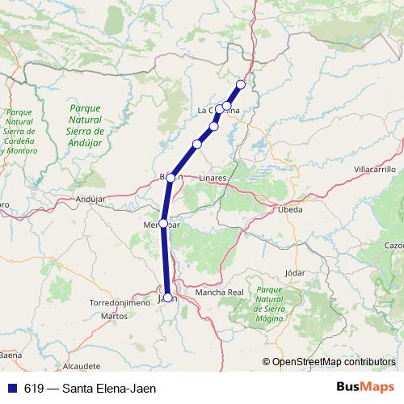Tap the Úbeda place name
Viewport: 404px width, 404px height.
[x=289, y=209]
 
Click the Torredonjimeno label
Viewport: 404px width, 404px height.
[x=119, y=303]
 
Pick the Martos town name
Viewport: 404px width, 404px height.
[x=114, y=316]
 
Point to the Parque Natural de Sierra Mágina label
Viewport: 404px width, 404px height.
[x=272, y=301]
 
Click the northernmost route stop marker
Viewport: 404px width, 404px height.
[x=240, y=84]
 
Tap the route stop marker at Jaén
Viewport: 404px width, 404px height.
[x=168, y=298]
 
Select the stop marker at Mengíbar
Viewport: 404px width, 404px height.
[x=163, y=223]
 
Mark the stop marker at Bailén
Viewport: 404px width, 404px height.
[x=171, y=178]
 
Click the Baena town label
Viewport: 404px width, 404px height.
[x=11, y=355]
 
